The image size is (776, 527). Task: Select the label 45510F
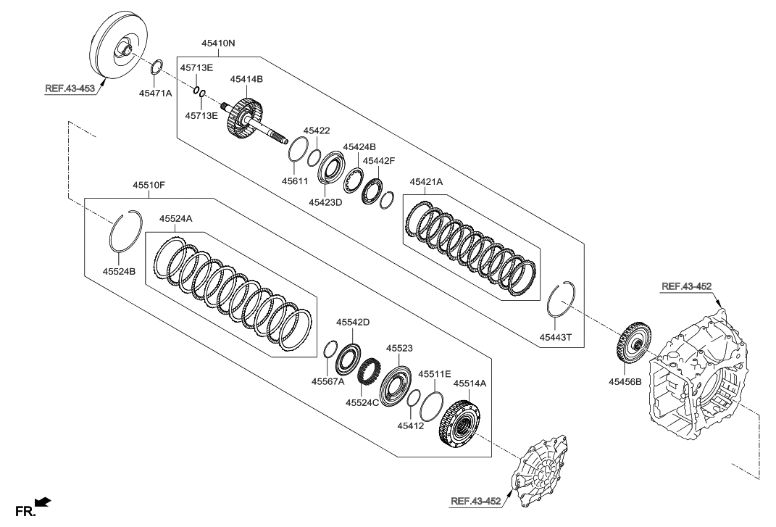click(x=149, y=186)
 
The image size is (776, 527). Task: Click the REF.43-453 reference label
click(x=70, y=90)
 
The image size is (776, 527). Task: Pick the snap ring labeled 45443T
click(x=562, y=298)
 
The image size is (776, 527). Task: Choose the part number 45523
click(x=399, y=349)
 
